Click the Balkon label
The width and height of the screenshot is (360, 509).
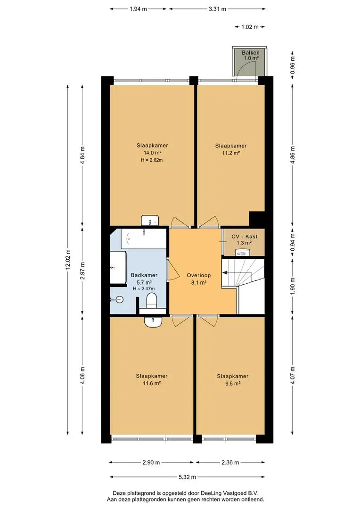tap(251, 53)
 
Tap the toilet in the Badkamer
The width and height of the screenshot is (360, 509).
tap(152, 301)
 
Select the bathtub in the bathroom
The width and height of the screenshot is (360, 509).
tap(143, 238)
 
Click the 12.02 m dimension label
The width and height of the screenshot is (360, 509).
tap(67, 259)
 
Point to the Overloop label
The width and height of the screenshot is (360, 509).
tap(199, 275)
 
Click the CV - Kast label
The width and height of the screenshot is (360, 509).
tap(245, 237)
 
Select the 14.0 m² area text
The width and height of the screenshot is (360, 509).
tap(153, 153)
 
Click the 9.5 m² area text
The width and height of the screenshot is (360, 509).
tap(233, 383)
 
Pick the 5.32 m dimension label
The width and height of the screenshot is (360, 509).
tap(188, 477)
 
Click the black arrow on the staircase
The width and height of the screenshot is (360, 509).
tap(225, 273)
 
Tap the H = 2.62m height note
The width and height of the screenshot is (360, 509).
tap(152, 160)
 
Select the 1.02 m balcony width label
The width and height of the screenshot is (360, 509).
tap(250, 26)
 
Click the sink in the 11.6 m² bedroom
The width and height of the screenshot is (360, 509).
tap(153, 322)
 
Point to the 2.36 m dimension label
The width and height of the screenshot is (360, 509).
tap(230, 462)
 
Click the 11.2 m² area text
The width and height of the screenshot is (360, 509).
tap(231, 153)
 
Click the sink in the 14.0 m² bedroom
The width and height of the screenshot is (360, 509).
tap(150, 221)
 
